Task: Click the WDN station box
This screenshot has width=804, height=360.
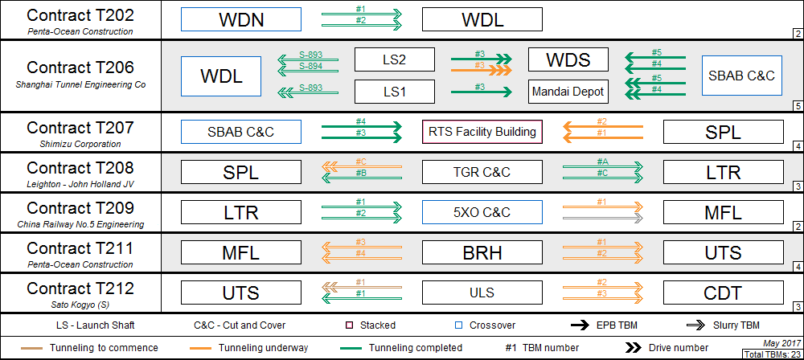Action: [241, 20]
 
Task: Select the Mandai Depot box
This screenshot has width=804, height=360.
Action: [568, 92]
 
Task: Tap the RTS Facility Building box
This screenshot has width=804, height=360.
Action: [482, 132]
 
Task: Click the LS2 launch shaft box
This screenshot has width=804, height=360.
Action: [394, 59]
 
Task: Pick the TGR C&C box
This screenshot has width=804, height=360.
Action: [482, 172]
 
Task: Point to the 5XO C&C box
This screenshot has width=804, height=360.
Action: [482, 212]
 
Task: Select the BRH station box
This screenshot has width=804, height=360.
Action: [482, 253]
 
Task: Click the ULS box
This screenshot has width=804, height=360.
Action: [482, 292]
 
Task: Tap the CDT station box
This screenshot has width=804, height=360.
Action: [722, 292]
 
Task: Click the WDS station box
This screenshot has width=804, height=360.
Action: [568, 59]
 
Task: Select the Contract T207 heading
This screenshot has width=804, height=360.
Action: [80, 128]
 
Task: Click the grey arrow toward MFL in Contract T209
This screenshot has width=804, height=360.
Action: [602, 217]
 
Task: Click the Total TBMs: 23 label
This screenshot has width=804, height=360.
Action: [773, 354]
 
